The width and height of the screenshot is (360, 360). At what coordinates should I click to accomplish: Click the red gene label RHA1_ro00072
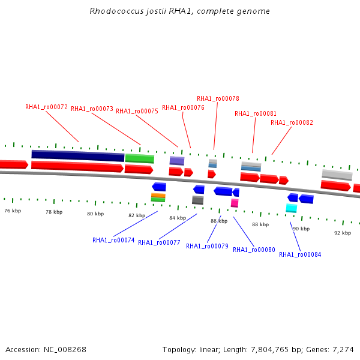pyautogui.click(x=46, y=107)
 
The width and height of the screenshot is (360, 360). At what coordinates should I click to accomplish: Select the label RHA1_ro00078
pyautogui.click(x=218, y=98)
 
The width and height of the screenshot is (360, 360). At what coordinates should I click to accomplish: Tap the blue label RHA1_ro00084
pyautogui.click(x=300, y=254)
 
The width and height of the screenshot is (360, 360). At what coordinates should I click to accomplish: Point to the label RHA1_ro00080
pyautogui.click(x=254, y=250)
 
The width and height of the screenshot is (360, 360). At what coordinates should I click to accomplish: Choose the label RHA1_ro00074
pyautogui.click(x=113, y=240)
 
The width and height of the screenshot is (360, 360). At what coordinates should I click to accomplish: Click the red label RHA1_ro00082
pyautogui.click(x=292, y=122)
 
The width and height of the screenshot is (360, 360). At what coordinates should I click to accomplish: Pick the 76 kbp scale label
pyautogui.click(x=13, y=211)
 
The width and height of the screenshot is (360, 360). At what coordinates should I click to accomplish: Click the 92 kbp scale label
pyautogui.click(x=343, y=232)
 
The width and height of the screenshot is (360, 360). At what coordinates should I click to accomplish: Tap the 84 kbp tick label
pyautogui.click(x=178, y=218)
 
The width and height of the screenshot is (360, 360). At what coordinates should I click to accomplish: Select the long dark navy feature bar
pyautogui.click(x=78, y=155)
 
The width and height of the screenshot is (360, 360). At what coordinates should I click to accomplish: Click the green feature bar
pyautogui.click(x=140, y=158)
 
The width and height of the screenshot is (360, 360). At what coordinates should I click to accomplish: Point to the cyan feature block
pyautogui.click(x=292, y=208)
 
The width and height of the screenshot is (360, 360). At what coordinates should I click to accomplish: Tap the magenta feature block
pyautogui.click(x=235, y=203)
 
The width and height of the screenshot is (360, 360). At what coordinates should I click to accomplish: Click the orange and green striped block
pyautogui.click(x=158, y=197)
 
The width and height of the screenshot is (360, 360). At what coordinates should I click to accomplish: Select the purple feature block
pyautogui.click(x=176, y=161)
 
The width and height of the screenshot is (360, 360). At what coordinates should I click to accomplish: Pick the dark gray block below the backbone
pyautogui.click(x=197, y=200)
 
